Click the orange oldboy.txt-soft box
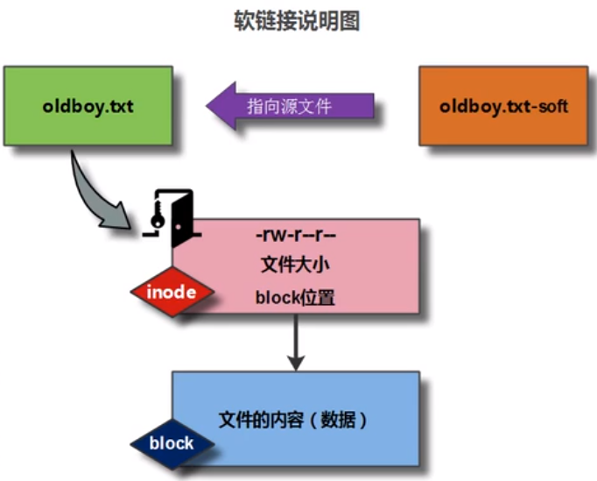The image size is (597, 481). point(503,106)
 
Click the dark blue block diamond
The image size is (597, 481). point(172,443)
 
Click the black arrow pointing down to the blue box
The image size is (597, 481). point(296,342)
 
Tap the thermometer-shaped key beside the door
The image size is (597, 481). point(156,216)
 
